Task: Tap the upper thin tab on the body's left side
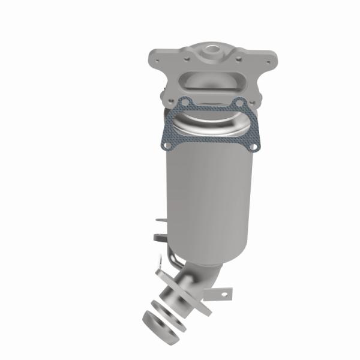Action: point(160,223)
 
